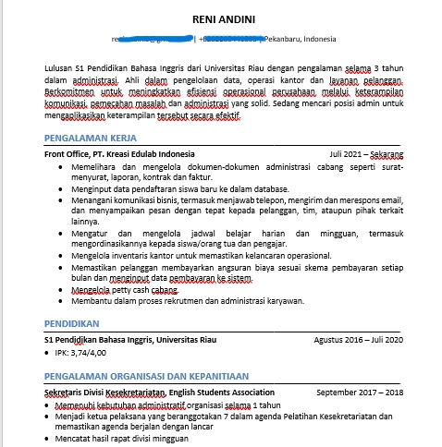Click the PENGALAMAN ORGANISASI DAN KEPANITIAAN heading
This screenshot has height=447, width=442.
(x=146, y=376)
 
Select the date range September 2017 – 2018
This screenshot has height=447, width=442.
(x=360, y=392)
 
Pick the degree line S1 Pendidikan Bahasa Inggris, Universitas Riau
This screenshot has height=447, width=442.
(x=130, y=339)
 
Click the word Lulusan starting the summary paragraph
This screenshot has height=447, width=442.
(x=61, y=66)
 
